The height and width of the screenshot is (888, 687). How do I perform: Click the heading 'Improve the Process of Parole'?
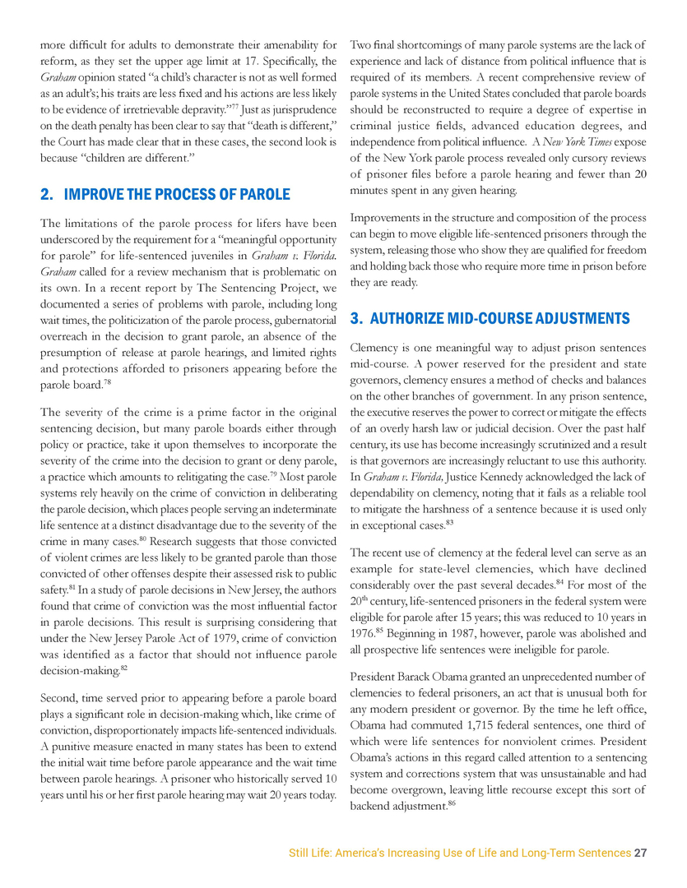click(x=165, y=195)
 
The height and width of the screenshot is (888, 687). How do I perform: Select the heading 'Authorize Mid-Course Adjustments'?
click(x=490, y=318)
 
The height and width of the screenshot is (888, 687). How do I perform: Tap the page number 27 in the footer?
click(x=641, y=853)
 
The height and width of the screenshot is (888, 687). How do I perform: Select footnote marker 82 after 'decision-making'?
click(x=124, y=668)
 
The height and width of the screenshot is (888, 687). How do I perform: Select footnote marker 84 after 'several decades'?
click(x=560, y=581)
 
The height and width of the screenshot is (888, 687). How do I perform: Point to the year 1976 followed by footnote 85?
click(x=364, y=633)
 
